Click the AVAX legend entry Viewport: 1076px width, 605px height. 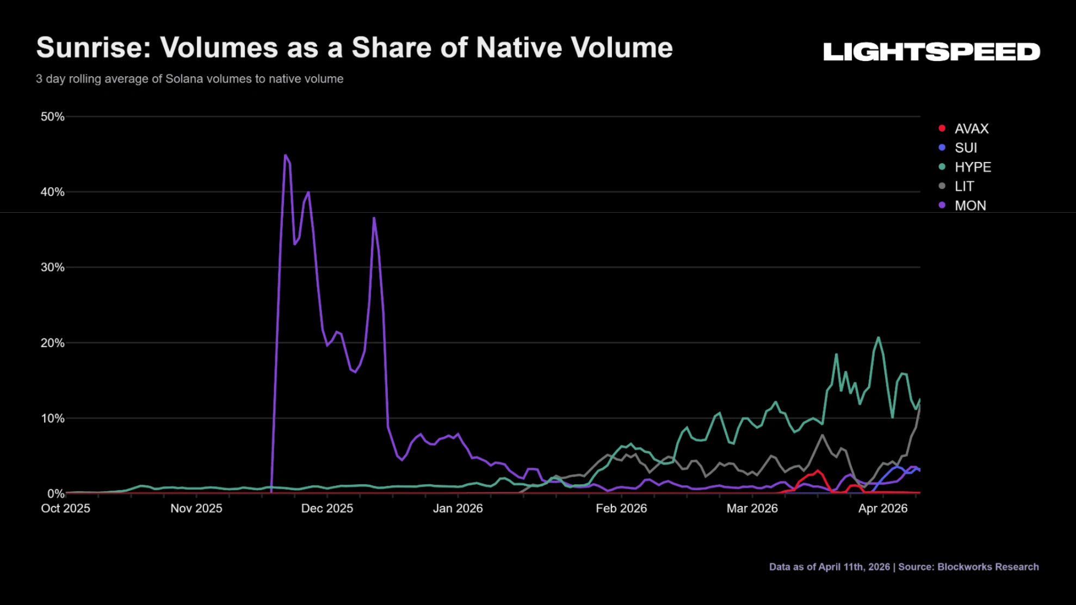[964, 128]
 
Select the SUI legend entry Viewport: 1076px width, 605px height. [958, 147]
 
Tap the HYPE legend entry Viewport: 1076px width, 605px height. [965, 167]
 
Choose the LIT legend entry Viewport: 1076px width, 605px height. [956, 186]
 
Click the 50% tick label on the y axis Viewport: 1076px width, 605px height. [52, 116]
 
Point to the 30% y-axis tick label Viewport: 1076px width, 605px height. [52, 267]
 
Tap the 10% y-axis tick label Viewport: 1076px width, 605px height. [52, 418]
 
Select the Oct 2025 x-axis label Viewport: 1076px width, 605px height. [66, 508]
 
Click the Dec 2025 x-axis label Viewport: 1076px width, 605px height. [327, 508]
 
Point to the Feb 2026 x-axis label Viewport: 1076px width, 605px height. [621, 508]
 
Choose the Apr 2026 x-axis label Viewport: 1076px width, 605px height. [883, 508]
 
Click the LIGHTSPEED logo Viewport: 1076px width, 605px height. [932, 52]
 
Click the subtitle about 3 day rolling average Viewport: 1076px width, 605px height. [190, 79]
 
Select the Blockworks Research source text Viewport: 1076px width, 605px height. [988, 566]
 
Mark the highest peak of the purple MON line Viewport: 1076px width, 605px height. [285, 155]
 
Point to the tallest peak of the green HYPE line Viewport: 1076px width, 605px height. [878, 337]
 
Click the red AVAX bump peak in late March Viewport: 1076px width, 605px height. [818, 471]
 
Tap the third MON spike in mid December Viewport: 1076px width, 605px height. [374, 218]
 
